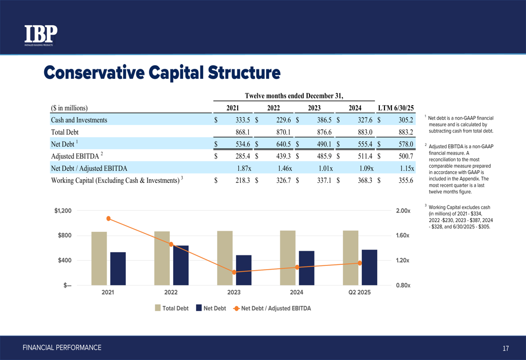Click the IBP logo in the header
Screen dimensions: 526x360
41,35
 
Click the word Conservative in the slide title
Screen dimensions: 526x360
94,73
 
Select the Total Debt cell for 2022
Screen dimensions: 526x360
284,132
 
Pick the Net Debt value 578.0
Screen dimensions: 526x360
406,144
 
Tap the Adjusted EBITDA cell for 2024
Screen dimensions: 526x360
365,156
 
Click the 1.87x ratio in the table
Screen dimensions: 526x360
244,168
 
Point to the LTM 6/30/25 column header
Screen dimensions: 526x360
396,108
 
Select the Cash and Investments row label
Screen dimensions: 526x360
79,120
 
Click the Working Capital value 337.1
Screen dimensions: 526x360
324,180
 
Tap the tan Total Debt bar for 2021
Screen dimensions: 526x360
99,259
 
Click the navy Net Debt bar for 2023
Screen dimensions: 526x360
244,270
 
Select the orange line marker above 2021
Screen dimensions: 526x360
108,219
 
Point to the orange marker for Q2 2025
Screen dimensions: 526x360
360,263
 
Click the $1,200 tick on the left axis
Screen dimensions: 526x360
63,211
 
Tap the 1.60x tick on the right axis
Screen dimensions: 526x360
402,235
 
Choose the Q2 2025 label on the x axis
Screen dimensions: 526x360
359,292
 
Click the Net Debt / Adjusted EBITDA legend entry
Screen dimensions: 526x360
272,308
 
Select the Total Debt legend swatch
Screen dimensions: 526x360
158,308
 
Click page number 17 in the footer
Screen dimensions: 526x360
505,348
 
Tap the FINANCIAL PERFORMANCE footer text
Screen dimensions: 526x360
62,347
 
